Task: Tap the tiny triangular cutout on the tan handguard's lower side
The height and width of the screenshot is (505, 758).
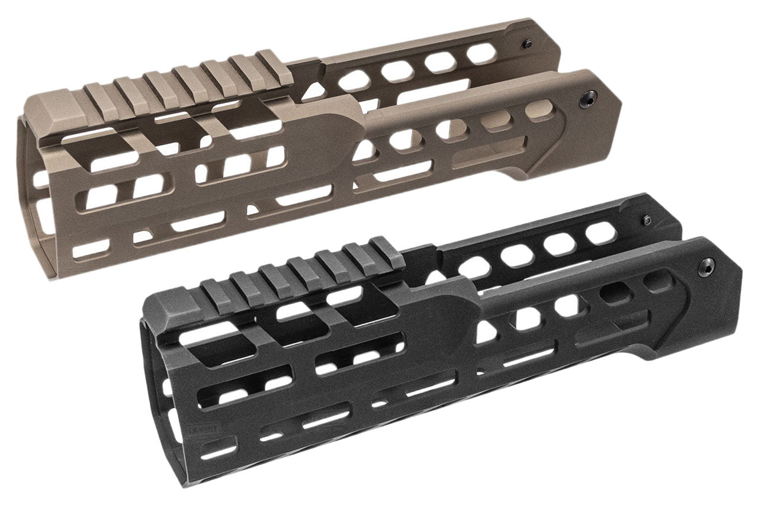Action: click(x=253, y=208)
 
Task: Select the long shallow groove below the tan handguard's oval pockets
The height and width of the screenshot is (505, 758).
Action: click(x=480, y=156)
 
